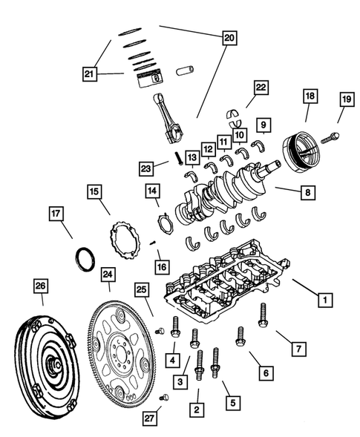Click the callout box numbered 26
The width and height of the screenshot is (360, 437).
click(41, 285)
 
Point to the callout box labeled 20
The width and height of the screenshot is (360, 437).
click(228, 36)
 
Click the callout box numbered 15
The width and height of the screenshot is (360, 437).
click(94, 192)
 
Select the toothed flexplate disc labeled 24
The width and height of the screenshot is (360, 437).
click(120, 349)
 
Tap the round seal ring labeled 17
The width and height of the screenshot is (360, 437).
click(85, 260)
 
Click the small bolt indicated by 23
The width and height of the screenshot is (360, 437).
click(178, 158)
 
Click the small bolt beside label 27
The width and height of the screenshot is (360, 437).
click(165, 398)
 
